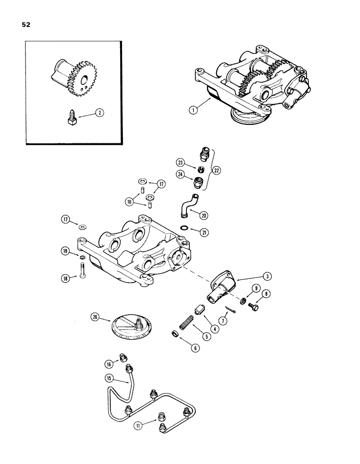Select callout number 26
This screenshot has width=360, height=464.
coord(96,318)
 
